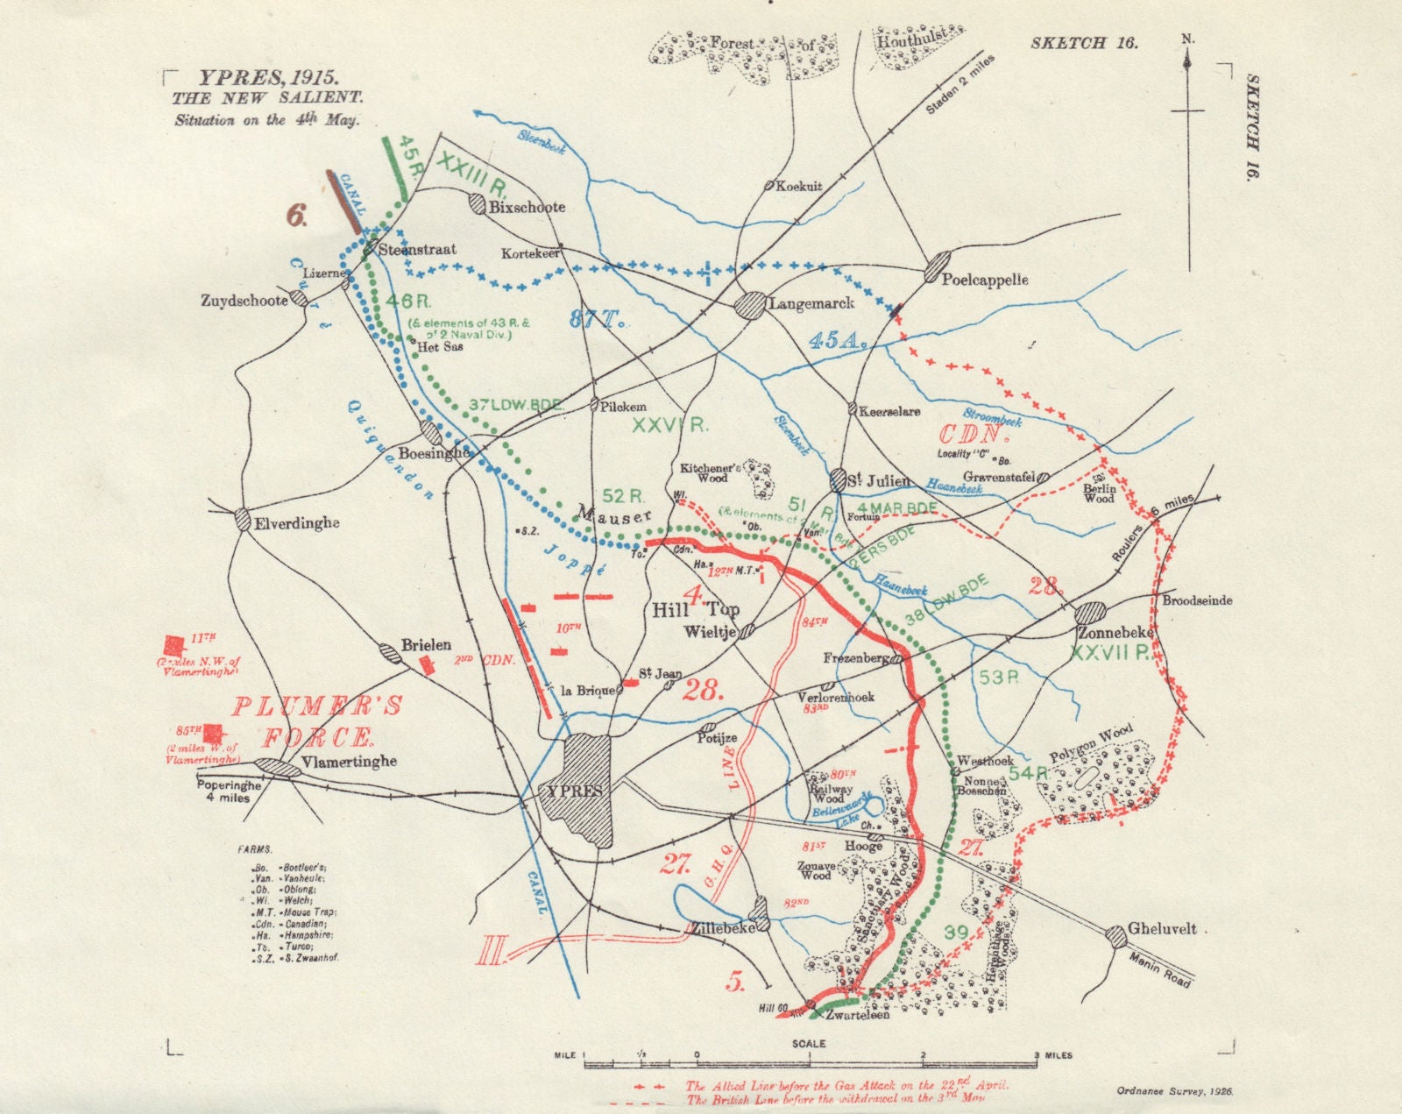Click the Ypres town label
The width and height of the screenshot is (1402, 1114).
pos(575,790)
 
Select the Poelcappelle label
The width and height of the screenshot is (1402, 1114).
pos(984,280)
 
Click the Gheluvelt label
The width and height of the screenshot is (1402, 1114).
pos(1163,929)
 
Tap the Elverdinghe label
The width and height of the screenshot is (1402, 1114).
pos(299,523)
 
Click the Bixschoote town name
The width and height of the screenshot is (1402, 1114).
pos(528,208)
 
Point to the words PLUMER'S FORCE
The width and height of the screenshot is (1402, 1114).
pos(316,720)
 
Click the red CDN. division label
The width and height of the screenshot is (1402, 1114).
pos(974,433)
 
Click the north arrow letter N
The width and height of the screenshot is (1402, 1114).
pos(1186,39)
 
